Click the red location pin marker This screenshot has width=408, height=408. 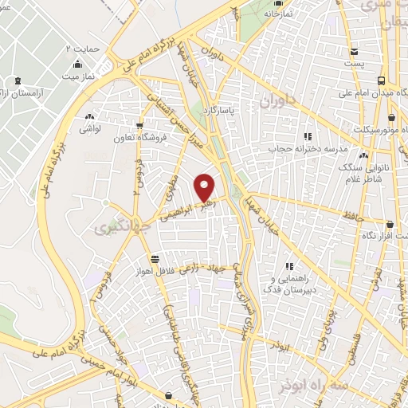(205, 187)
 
